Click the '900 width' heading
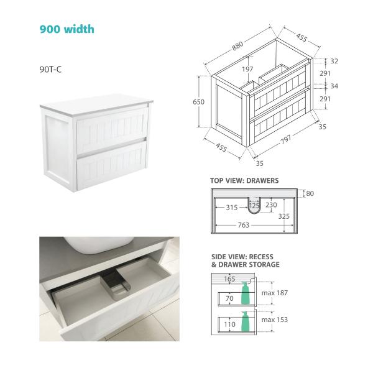(x=67, y=29)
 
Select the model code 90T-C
(x=50, y=69)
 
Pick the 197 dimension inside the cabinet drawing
(x=247, y=69)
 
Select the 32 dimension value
(x=334, y=61)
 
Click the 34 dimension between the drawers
(x=334, y=86)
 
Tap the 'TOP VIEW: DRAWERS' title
(x=244, y=181)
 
